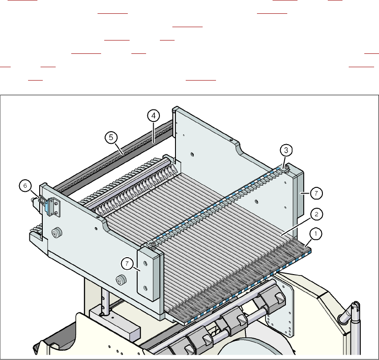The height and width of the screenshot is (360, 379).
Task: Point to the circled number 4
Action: [153, 116]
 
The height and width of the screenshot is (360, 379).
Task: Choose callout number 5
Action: [111, 138]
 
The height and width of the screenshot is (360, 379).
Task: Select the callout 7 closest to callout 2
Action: [316, 193]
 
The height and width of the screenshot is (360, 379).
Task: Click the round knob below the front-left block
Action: [119, 280]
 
